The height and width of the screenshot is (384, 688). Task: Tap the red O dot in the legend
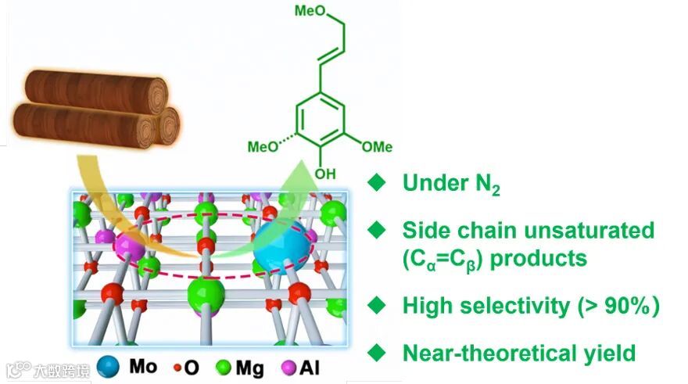coord(177,366)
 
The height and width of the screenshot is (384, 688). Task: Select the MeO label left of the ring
coord(263,146)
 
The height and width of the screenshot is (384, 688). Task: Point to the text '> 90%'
coord(619,306)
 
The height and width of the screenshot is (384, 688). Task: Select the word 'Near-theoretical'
coord(482,353)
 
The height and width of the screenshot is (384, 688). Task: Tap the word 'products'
coord(538,258)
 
